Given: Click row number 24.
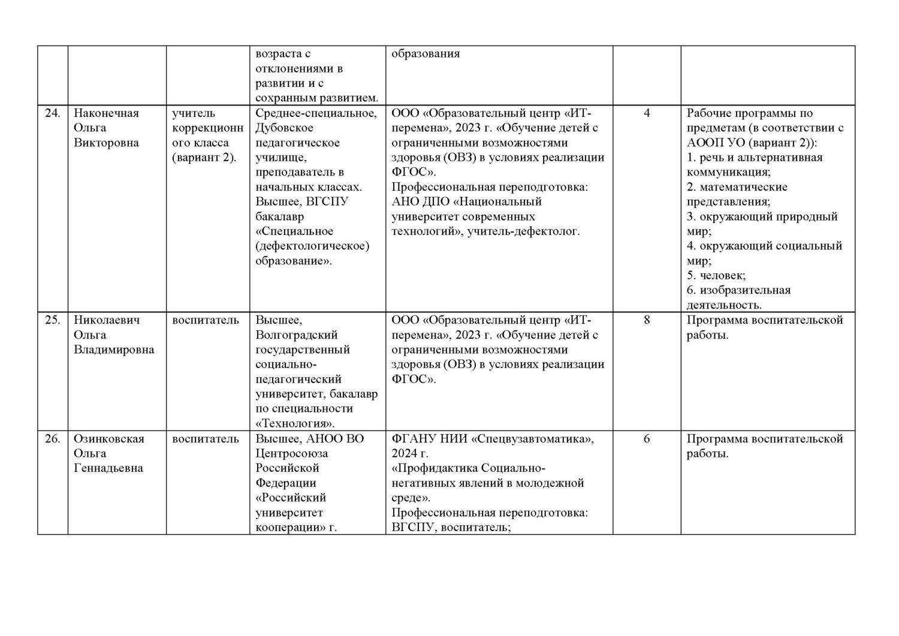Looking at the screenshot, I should click(52, 113).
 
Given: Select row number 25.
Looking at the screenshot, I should click(52, 320).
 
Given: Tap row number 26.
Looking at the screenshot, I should click(52, 439).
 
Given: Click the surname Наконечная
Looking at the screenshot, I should click(106, 113).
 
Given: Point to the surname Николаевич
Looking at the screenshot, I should click(107, 320).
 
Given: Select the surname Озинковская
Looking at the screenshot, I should click(109, 439).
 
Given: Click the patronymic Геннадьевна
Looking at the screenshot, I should click(108, 468).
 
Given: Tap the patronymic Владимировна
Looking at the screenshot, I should click(114, 349).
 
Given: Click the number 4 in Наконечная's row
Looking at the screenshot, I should click(647, 113).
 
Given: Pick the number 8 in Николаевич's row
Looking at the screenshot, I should click(647, 320).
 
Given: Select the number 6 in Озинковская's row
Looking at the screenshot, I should click(647, 439).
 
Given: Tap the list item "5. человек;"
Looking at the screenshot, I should click(716, 276).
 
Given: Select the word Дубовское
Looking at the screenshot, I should click(284, 128).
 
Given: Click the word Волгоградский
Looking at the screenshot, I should click(297, 335).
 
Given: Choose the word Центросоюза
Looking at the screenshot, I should click(292, 454).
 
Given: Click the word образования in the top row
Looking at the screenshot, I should click(426, 54).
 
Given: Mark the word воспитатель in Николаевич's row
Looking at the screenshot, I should click(206, 320).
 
